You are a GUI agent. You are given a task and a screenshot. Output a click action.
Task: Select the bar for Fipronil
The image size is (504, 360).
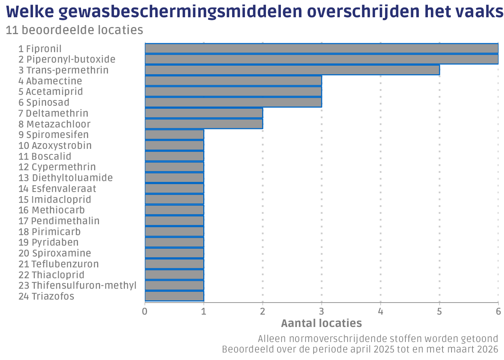point(321,48)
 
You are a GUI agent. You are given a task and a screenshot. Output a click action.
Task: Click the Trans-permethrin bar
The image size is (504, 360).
point(292,70)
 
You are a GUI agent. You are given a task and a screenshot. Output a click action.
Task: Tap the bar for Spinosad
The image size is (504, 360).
point(233,102)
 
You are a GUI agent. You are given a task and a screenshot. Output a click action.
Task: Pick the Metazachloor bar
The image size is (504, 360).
point(204,124)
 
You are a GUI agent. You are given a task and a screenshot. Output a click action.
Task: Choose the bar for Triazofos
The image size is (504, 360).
point(174,296)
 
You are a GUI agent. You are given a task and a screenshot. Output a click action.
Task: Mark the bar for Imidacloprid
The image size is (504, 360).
point(174,199)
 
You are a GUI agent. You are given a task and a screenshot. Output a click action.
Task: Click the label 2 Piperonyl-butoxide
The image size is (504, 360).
point(67,60)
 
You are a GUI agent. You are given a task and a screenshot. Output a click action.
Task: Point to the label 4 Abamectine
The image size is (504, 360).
point(50,81)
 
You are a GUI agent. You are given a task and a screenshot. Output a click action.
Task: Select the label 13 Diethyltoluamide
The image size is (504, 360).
point(66,178)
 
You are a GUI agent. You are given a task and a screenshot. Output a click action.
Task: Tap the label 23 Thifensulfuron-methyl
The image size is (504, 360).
point(77,285)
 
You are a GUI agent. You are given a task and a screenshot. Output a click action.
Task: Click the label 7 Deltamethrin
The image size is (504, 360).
point(53,113)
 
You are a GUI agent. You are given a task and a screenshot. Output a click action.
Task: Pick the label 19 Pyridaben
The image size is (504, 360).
point(48,242)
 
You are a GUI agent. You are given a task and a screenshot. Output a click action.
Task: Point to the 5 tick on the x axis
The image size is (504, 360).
point(439,311)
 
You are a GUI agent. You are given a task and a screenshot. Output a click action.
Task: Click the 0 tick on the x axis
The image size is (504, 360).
point(145,311)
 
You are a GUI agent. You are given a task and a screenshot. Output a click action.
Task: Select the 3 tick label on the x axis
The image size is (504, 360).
point(321,311)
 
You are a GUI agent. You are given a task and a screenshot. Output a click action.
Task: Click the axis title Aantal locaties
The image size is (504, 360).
point(321,323)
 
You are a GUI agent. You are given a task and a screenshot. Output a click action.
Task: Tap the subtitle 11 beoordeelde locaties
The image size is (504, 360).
point(74,30)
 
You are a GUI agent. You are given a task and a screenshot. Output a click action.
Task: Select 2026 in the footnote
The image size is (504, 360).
point(488,349)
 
